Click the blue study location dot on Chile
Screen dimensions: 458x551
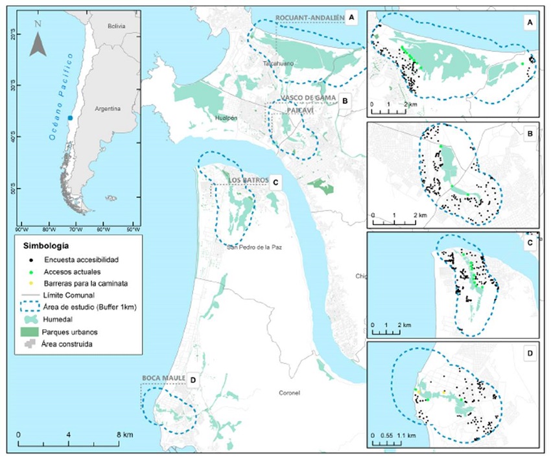pyautogui.click(x=70, y=118)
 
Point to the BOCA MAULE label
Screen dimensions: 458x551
pyautogui.click(x=161, y=378)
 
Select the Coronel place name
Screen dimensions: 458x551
pyautogui.click(x=289, y=393)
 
